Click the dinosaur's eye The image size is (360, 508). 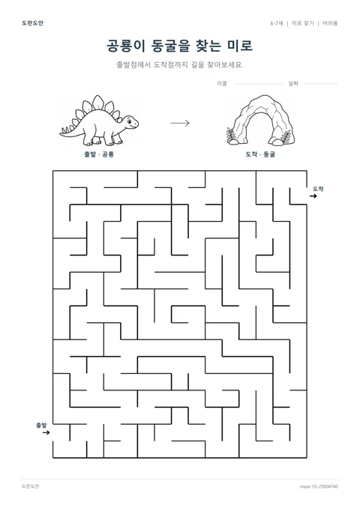pos(130,121)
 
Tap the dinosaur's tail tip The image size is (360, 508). pos(60,133)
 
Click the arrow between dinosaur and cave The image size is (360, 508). pos(180,123)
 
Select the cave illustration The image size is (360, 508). pos(261,120)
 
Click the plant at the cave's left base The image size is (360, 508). pos(232,136)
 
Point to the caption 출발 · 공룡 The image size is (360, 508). pos(99,154)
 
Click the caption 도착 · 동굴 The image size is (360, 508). pos(260,154)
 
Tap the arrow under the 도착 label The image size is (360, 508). pos(313,196)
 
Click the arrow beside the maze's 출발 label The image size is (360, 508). pos(46,432)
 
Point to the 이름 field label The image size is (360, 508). pos(222,84)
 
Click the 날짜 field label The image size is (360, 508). pos(293,84)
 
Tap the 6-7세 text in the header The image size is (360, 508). pos(277,23)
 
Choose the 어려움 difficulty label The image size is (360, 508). pos(330,23)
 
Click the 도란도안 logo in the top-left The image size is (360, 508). pos(32,23)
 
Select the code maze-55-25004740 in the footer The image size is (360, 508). pos(319,486)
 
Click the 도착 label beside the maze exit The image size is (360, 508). pos(318,189)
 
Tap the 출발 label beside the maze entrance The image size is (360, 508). pos(41,425)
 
